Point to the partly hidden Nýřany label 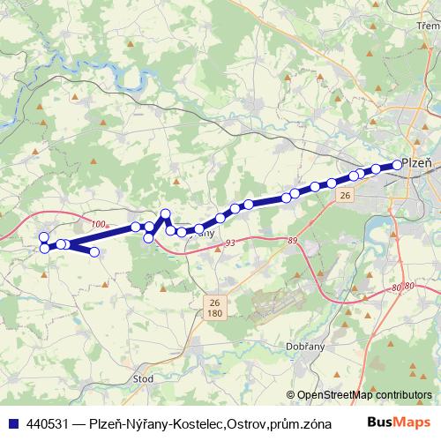[203, 234]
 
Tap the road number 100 [97, 224]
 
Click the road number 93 [231, 243]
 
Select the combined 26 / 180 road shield [214, 306]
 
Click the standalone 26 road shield [345, 195]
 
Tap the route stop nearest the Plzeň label [397, 164]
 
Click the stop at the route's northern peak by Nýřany [165, 213]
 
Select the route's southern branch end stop [94, 252]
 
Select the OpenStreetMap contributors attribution [364, 395]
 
